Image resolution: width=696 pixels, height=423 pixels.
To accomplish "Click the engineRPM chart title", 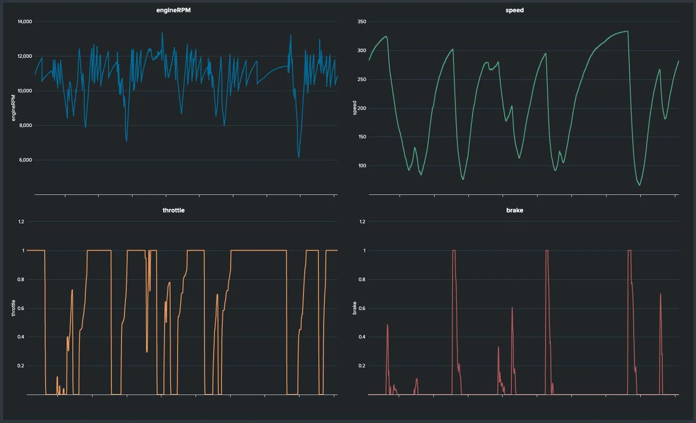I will [173, 10].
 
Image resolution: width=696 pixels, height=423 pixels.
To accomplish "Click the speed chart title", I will [514, 10].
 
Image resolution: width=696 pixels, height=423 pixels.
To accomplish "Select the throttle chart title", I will [173, 210].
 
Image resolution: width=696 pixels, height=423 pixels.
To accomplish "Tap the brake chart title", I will [514, 210].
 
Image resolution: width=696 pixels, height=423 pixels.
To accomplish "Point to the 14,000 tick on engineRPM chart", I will [24, 22].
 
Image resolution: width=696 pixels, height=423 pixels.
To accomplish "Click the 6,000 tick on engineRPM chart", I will [25, 160].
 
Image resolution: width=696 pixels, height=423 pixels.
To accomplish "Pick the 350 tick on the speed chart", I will [361, 22].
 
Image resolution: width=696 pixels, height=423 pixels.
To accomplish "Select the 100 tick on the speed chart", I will [361, 165].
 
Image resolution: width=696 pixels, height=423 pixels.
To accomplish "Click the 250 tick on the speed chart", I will [361, 79].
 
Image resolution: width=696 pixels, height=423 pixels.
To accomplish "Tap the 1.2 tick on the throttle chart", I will [21, 221].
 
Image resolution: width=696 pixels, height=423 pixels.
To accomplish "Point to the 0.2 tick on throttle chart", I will [21, 366].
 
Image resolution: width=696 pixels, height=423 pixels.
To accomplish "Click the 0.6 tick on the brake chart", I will [361, 308].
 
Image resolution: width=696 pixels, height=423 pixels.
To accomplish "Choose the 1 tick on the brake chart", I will [364, 251].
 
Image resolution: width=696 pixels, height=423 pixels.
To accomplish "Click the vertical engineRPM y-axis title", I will [13, 108].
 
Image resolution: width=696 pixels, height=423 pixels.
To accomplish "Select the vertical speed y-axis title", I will [354, 108].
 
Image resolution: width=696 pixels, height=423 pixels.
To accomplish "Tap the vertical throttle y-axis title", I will [13, 308].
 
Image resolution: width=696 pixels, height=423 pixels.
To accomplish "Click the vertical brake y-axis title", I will [354, 308].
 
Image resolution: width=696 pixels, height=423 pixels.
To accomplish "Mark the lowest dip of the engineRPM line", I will [299, 157].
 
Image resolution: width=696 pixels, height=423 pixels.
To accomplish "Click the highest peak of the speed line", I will [627, 31].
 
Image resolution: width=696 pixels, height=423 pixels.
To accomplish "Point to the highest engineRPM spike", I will [162, 33].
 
